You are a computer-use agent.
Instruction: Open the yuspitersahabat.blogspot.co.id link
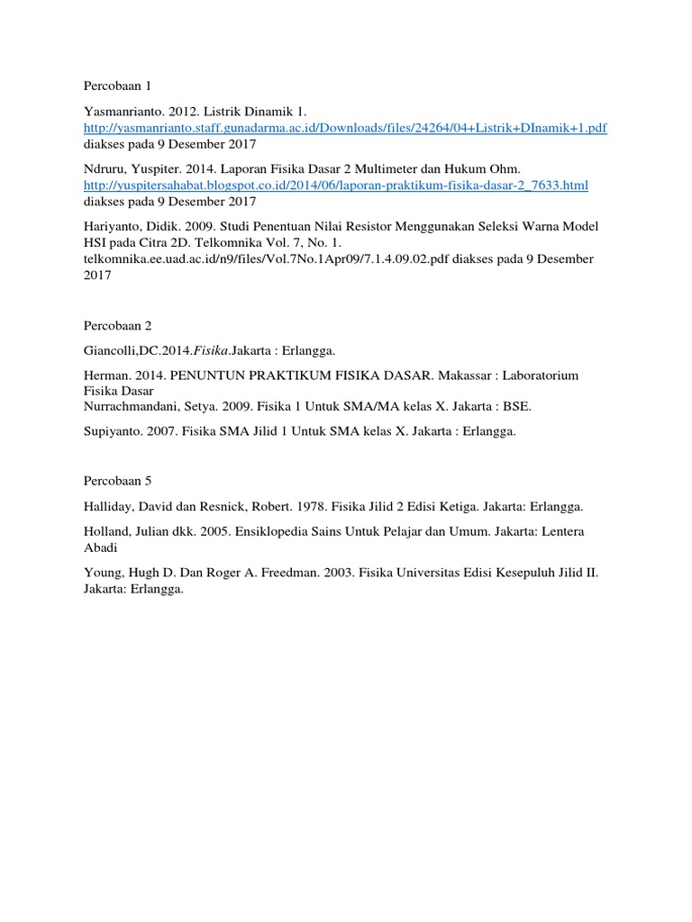tap(334, 185)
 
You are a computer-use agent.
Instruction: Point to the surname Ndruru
tap(104, 169)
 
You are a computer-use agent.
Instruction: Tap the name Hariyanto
tap(112, 226)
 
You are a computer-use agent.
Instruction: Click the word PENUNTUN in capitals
tap(207, 375)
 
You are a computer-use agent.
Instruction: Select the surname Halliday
tap(109, 506)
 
